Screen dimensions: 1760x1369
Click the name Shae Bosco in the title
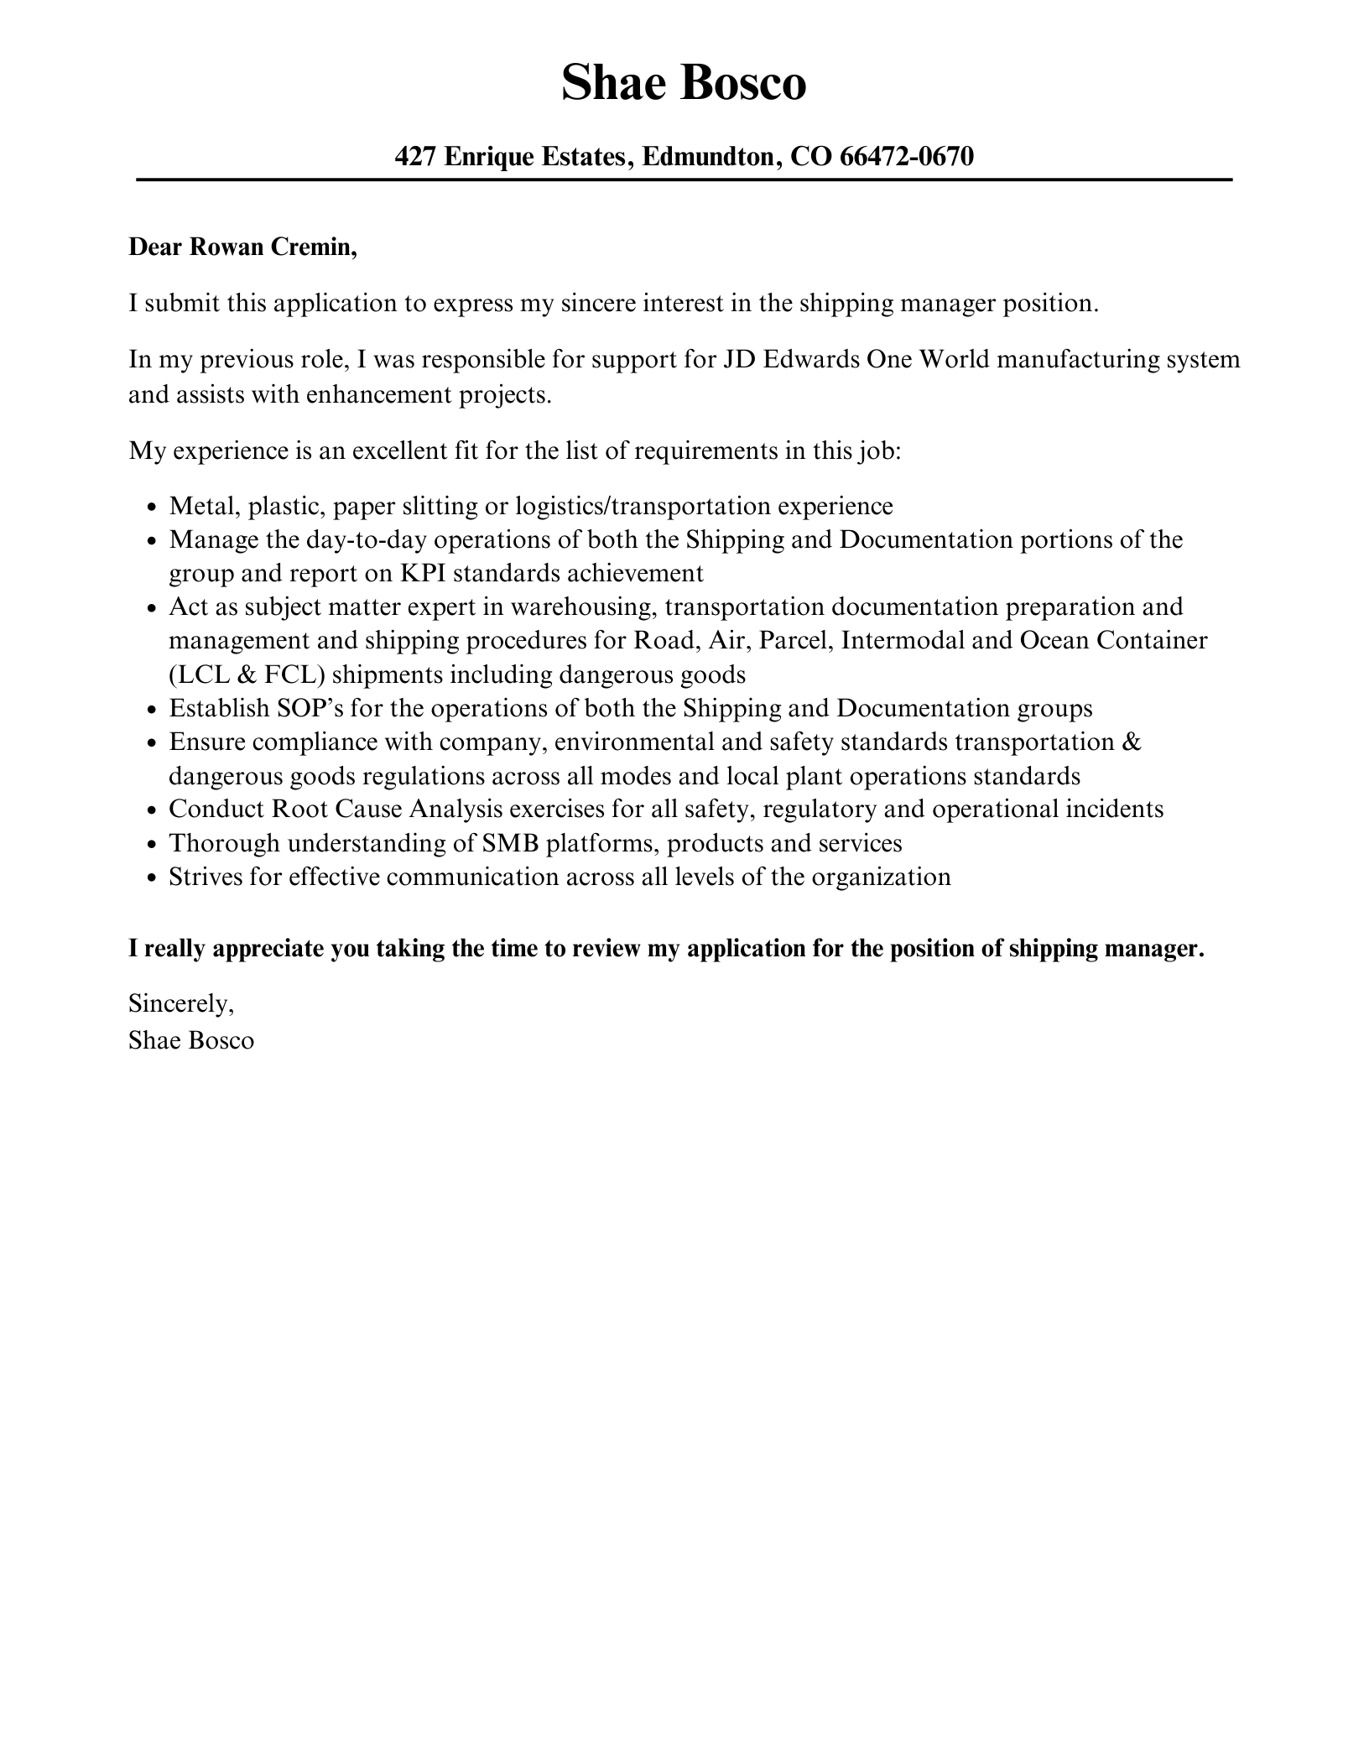[684, 83]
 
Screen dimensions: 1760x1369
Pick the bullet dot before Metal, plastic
[151, 508]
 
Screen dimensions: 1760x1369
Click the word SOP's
[310, 708]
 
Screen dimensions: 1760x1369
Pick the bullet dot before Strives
[151, 878]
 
